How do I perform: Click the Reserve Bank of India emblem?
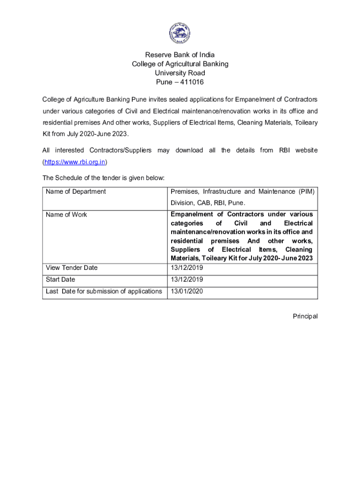[180, 33]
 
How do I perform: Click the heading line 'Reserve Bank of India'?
[180, 55]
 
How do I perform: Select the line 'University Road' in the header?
[180, 73]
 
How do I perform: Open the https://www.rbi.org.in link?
[75, 162]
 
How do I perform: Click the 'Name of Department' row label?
[76, 191]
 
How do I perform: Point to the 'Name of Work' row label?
[66, 215]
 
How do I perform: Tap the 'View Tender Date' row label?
[72, 268]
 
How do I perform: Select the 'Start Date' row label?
[60, 280]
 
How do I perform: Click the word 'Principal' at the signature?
[305, 316]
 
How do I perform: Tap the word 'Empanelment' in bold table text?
[192, 214]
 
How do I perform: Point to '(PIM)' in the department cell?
[306, 191]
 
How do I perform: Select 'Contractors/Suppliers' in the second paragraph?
[121, 150]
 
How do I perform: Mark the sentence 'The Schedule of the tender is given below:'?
[103, 178]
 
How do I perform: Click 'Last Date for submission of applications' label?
[104, 291]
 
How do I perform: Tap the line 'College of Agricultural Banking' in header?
[180, 64]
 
